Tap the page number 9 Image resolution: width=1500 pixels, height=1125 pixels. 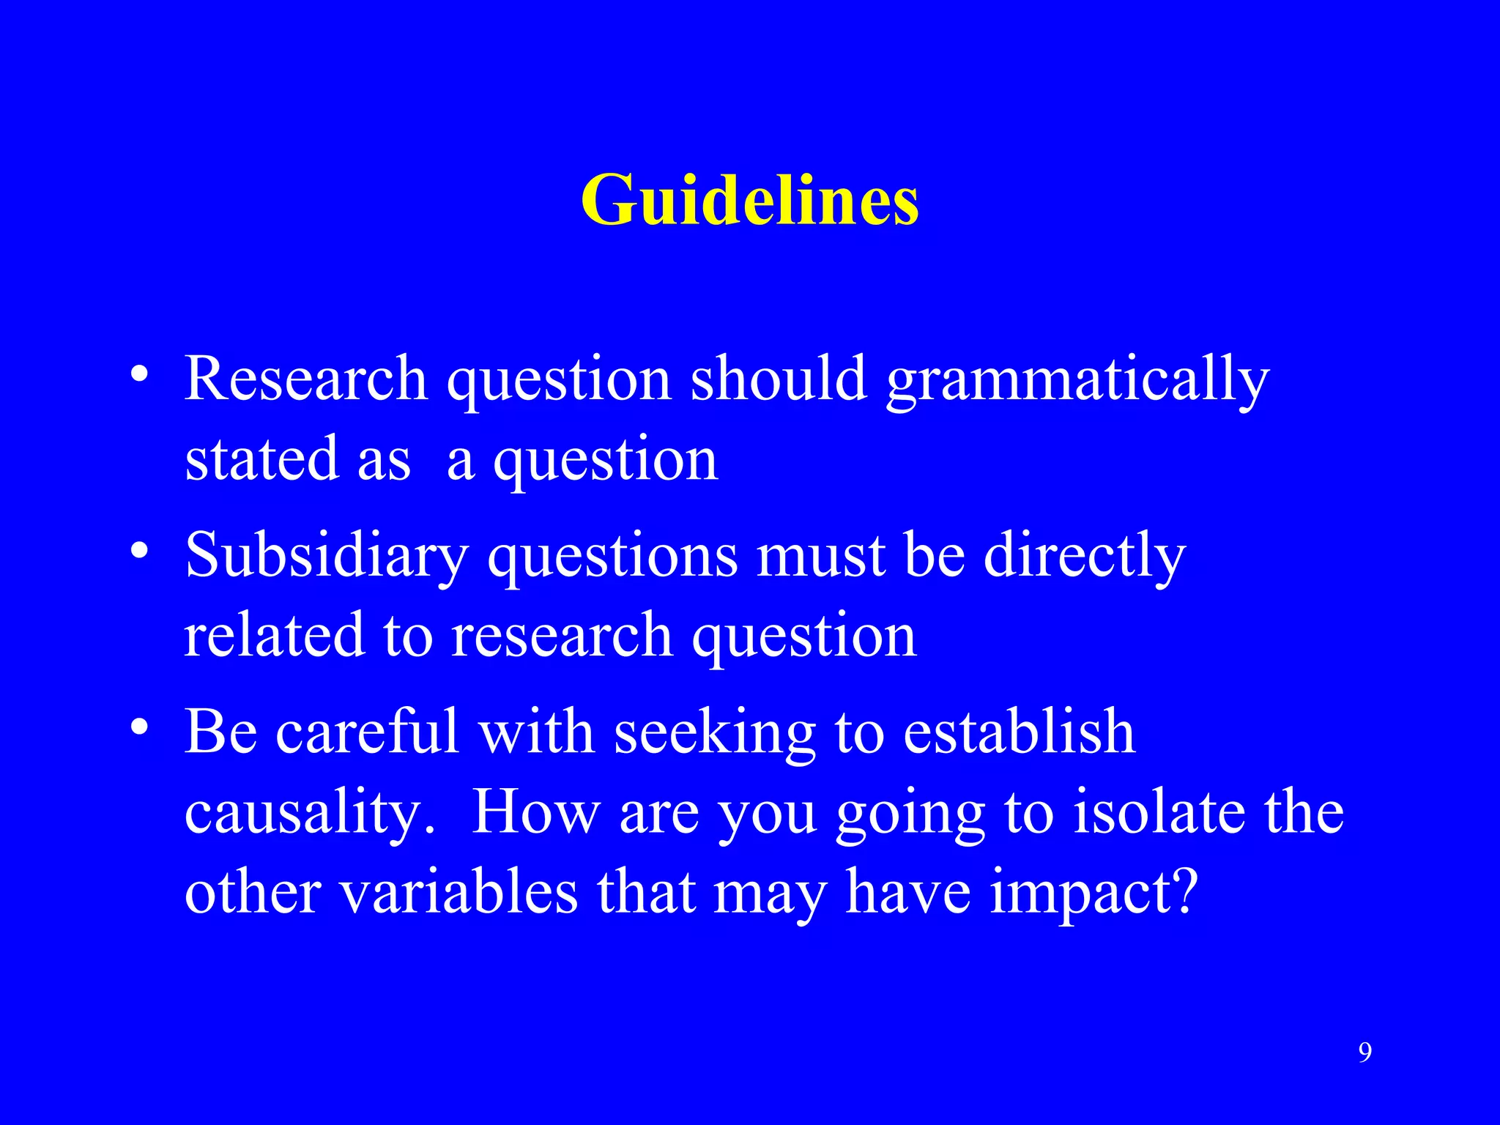tap(1365, 1052)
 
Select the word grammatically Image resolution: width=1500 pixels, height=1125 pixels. tap(1077, 381)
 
